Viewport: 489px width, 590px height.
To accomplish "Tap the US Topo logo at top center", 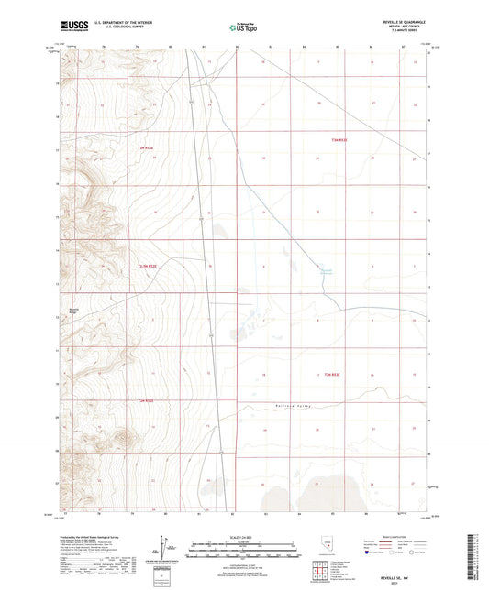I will [242, 28].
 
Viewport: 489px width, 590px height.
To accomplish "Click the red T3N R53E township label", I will [340, 139].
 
